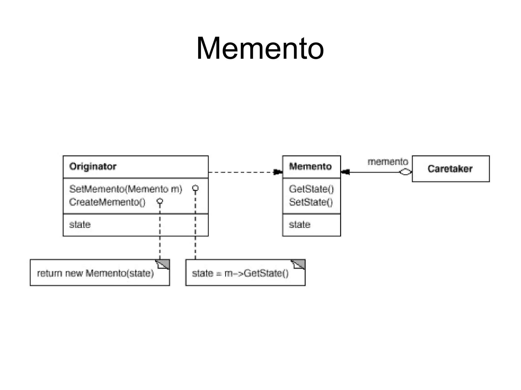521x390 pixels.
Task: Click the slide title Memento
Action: tap(260, 48)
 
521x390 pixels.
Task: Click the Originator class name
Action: tap(93, 166)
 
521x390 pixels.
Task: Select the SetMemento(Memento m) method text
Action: tap(126, 189)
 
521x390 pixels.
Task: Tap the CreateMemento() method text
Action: tap(107, 202)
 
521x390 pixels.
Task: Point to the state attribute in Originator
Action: tap(80, 225)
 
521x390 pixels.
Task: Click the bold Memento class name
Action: tap(310, 166)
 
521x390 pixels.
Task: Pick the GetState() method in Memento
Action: tap(311, 189)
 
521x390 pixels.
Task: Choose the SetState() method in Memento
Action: tap(311, 202)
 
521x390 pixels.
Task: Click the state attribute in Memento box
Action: tap(300, 225)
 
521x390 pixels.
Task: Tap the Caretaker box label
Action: tap(450, 169)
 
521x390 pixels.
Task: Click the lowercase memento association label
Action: tap(388, 162)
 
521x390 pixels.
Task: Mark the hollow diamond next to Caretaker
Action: tap(405, 172)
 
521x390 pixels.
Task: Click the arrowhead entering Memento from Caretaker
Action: tap(345, 172)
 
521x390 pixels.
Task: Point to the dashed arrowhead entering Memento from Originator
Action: tap(278, 172)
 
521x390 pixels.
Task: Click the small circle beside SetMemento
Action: tap(195, 188)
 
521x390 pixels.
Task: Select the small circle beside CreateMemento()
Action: tap(160, 201)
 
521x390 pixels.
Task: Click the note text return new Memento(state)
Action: tap(95, 273)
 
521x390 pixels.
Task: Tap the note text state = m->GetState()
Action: tap(240, 273)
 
